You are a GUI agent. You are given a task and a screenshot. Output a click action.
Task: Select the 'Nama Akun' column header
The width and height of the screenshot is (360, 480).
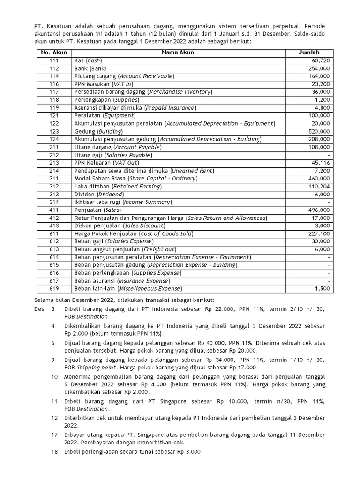click(x=179, y=52)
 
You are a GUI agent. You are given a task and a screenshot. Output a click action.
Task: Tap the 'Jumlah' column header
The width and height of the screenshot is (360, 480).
click(x=309, y=52)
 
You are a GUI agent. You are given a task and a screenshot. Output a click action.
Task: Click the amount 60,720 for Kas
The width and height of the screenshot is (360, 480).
click(x=320, y=60)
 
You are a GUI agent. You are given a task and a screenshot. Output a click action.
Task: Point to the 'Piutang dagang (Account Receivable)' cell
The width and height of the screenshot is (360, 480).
click(x=124, y=76)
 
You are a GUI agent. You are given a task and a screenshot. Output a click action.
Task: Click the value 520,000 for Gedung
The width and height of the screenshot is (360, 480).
click(x=319, y=131)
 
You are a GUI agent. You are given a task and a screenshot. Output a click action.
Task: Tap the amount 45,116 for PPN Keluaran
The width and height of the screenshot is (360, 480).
click(x=320, y=163)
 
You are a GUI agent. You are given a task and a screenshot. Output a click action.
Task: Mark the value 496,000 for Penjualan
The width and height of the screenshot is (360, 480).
click(x=319, y=210)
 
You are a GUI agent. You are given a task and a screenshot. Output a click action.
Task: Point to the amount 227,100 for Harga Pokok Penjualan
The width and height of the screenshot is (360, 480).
click(x=319, y=233)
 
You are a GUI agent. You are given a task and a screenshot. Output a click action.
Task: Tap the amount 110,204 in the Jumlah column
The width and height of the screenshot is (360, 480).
click(x=319, y=186)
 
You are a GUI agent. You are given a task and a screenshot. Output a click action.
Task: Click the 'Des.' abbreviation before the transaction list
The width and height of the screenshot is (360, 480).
click(x=40, y=309)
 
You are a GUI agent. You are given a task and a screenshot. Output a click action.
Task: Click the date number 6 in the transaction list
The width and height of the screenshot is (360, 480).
click(x=53, y=343)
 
